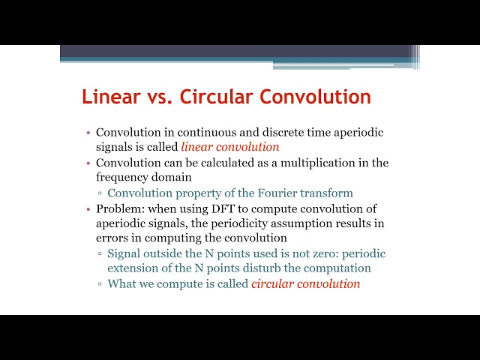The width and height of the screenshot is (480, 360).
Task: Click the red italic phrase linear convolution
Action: [x=230, y=147]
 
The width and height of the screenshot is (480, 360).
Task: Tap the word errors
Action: [x=112, y=238]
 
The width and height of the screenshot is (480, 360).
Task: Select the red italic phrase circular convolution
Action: [x=306, y=284]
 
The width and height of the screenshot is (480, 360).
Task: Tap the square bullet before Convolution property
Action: [x=100, y=193]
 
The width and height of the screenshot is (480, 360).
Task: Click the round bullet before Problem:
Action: [x=88, y=208]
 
